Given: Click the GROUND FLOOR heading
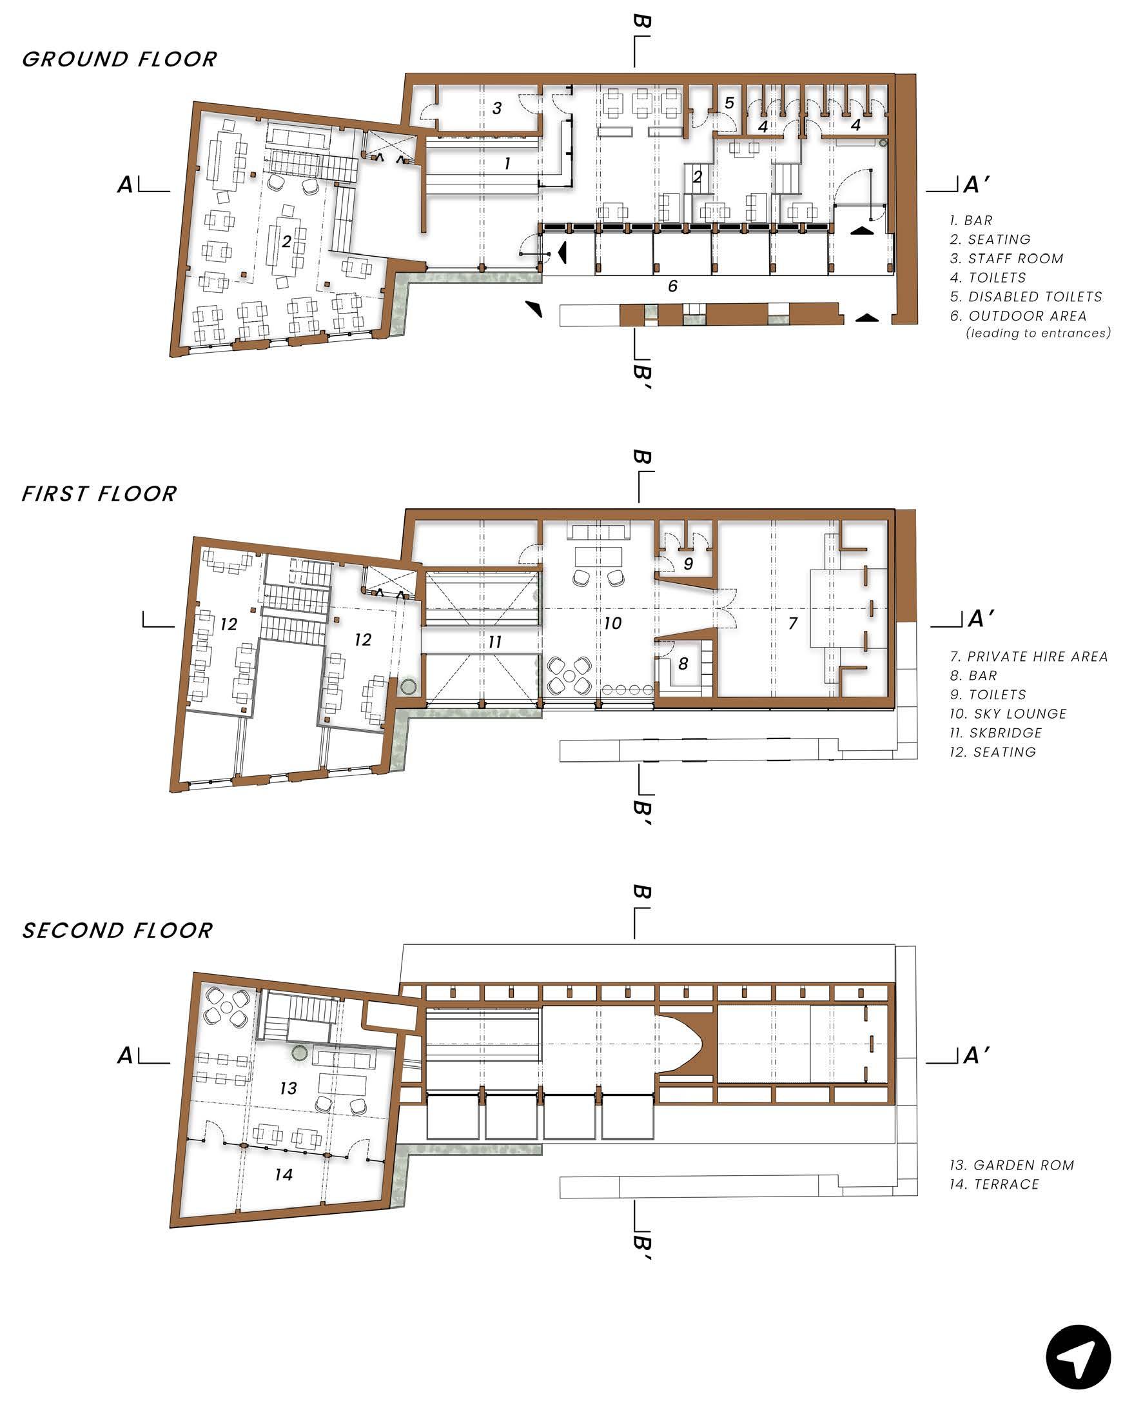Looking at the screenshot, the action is coord(119,59).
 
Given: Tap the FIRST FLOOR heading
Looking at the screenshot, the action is coord(99,494).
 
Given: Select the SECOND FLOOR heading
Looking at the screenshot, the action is coord(117,931).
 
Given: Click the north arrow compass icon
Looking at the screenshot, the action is coord(1078,1357).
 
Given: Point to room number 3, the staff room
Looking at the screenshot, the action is coord(497,108).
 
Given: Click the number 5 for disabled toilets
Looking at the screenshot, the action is coord(729,103).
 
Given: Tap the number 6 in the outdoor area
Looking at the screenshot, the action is coord(672,286).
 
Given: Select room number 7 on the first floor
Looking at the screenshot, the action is coord(793,622).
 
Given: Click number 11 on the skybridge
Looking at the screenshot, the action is coord(494,642).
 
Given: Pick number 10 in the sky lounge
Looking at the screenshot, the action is coord(612,623).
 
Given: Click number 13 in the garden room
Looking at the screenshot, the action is coord(288,1088).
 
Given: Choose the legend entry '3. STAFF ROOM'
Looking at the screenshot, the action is coord(1006,259).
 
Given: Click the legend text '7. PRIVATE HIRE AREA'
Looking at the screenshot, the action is coord(1028,657).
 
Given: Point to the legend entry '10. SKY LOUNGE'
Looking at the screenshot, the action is coord(1008,714).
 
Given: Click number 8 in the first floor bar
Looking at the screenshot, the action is coord(683,663).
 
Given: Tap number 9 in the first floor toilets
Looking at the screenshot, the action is coord(688,564).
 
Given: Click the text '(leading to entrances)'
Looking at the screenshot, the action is coord(1039,333).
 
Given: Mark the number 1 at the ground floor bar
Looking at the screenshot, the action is coord(507,163).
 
